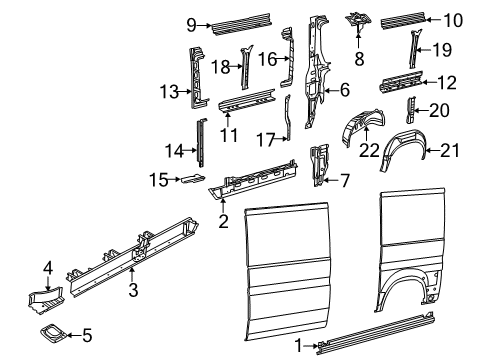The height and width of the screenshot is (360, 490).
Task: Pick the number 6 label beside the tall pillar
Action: coord(344,90)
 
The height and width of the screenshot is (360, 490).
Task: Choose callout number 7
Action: coord(345,181)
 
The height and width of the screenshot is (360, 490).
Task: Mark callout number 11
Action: coord(228,132)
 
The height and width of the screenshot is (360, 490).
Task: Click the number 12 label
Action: coord(447,81)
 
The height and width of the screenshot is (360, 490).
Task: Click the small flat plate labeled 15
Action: coord(192,179)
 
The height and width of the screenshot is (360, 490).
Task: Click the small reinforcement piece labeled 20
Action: coord(409,108)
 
